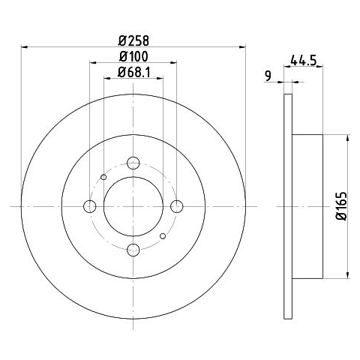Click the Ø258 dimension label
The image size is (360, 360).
coord(133,40)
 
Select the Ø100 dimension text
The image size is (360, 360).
coord(133,56)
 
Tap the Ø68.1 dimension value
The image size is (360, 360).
coord(133,73)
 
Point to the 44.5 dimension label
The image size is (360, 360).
coord(304,61)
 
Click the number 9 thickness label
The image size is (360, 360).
coord(268,76)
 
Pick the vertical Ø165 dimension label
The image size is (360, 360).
coord(341,206)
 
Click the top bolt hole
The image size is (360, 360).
coord(133,163)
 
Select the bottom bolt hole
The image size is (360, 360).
coord(133,250)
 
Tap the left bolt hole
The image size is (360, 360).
coord(89,206)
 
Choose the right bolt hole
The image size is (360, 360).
coord(177,206)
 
